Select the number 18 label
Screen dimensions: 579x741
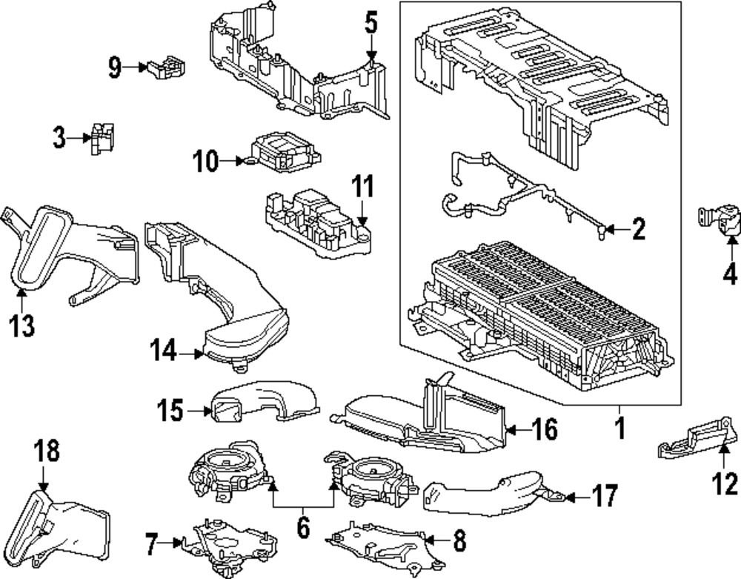click(46, 451)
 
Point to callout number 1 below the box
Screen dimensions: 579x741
click(619, 428)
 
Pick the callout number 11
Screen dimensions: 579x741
click(362, 187)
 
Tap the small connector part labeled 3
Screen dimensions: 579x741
click(102, 138)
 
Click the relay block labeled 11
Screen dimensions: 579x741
click(315, 215)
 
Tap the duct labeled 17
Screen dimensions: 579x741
click(489, 493)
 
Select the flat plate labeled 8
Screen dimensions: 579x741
click(378, 545)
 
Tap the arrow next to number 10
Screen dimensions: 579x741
click(238, 159)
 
